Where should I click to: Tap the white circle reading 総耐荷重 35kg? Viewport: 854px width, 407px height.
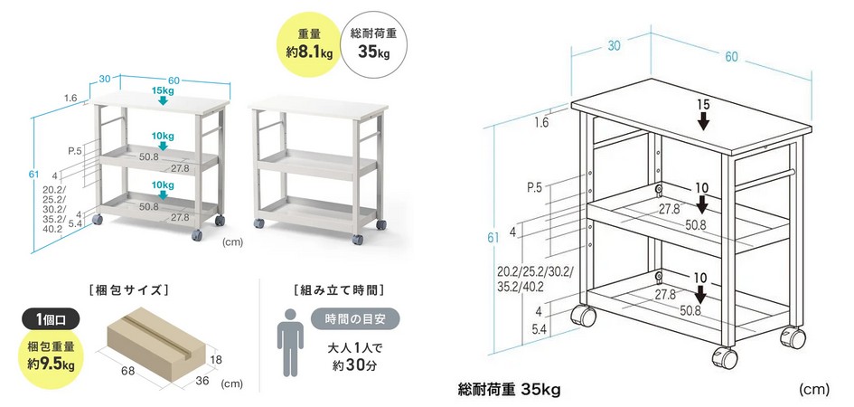(373, 44)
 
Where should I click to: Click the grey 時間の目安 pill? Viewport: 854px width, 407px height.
(355, 319)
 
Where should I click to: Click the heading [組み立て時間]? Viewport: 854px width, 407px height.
(338, 290)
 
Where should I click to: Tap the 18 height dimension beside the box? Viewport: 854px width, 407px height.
(216, 359)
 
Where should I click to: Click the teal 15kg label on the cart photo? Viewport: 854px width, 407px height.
(163, 90)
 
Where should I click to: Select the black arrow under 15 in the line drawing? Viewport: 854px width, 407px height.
(703, 121)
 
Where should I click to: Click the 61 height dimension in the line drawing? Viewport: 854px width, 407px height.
(493, 238)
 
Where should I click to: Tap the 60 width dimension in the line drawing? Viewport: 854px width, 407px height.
(731, 56)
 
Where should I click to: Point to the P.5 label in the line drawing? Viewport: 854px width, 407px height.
(534, 188)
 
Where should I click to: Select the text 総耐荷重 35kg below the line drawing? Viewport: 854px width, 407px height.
(510, 390)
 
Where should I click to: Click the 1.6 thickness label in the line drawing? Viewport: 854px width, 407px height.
(540, 122)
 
